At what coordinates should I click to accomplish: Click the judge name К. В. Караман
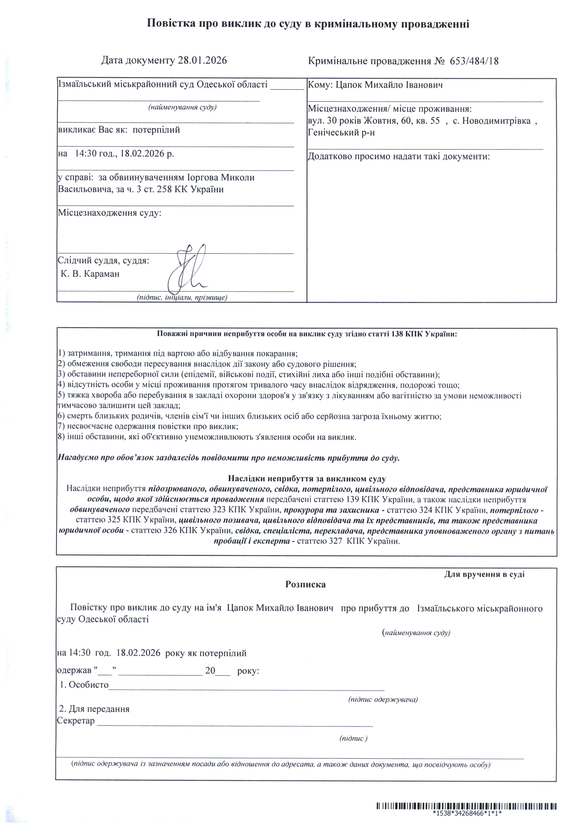click(x=90, y=274)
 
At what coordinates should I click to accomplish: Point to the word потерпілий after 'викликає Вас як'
click(x=156, y=130)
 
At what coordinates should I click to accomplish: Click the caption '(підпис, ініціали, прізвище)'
click(x=182, y=297)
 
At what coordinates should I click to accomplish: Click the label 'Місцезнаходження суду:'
click(x=110, y=213)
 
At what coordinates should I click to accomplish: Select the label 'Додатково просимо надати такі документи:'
click(x=399, y=156)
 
